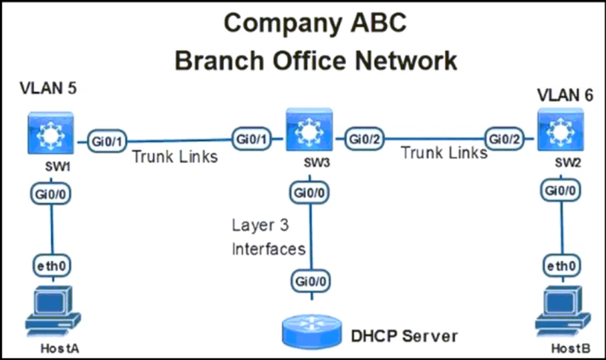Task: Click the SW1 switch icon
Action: (50, 133)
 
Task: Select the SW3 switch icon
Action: (309, 130)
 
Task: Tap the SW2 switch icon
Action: (561, 130)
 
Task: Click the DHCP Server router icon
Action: (312, 332)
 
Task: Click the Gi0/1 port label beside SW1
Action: (107, 141)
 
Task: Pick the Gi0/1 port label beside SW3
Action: (252, 139)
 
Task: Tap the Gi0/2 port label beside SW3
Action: (364, 139)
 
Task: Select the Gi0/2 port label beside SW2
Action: (504, 139)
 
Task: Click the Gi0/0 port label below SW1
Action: (50, 194)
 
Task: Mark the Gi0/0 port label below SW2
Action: (561, 190)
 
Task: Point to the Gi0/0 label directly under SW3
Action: (309, 193)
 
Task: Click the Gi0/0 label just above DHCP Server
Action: (311, 281)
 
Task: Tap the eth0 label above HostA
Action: (52, 266)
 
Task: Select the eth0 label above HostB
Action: (561, 266)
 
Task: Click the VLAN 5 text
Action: (48, 88)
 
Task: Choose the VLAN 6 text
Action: (565, 95)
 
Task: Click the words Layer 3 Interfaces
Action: (269, 237)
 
